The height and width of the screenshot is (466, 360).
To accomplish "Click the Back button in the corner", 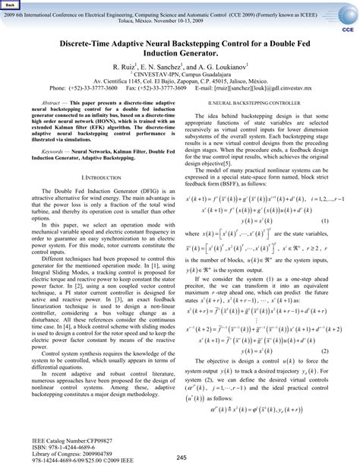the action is (x=11, y=5).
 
